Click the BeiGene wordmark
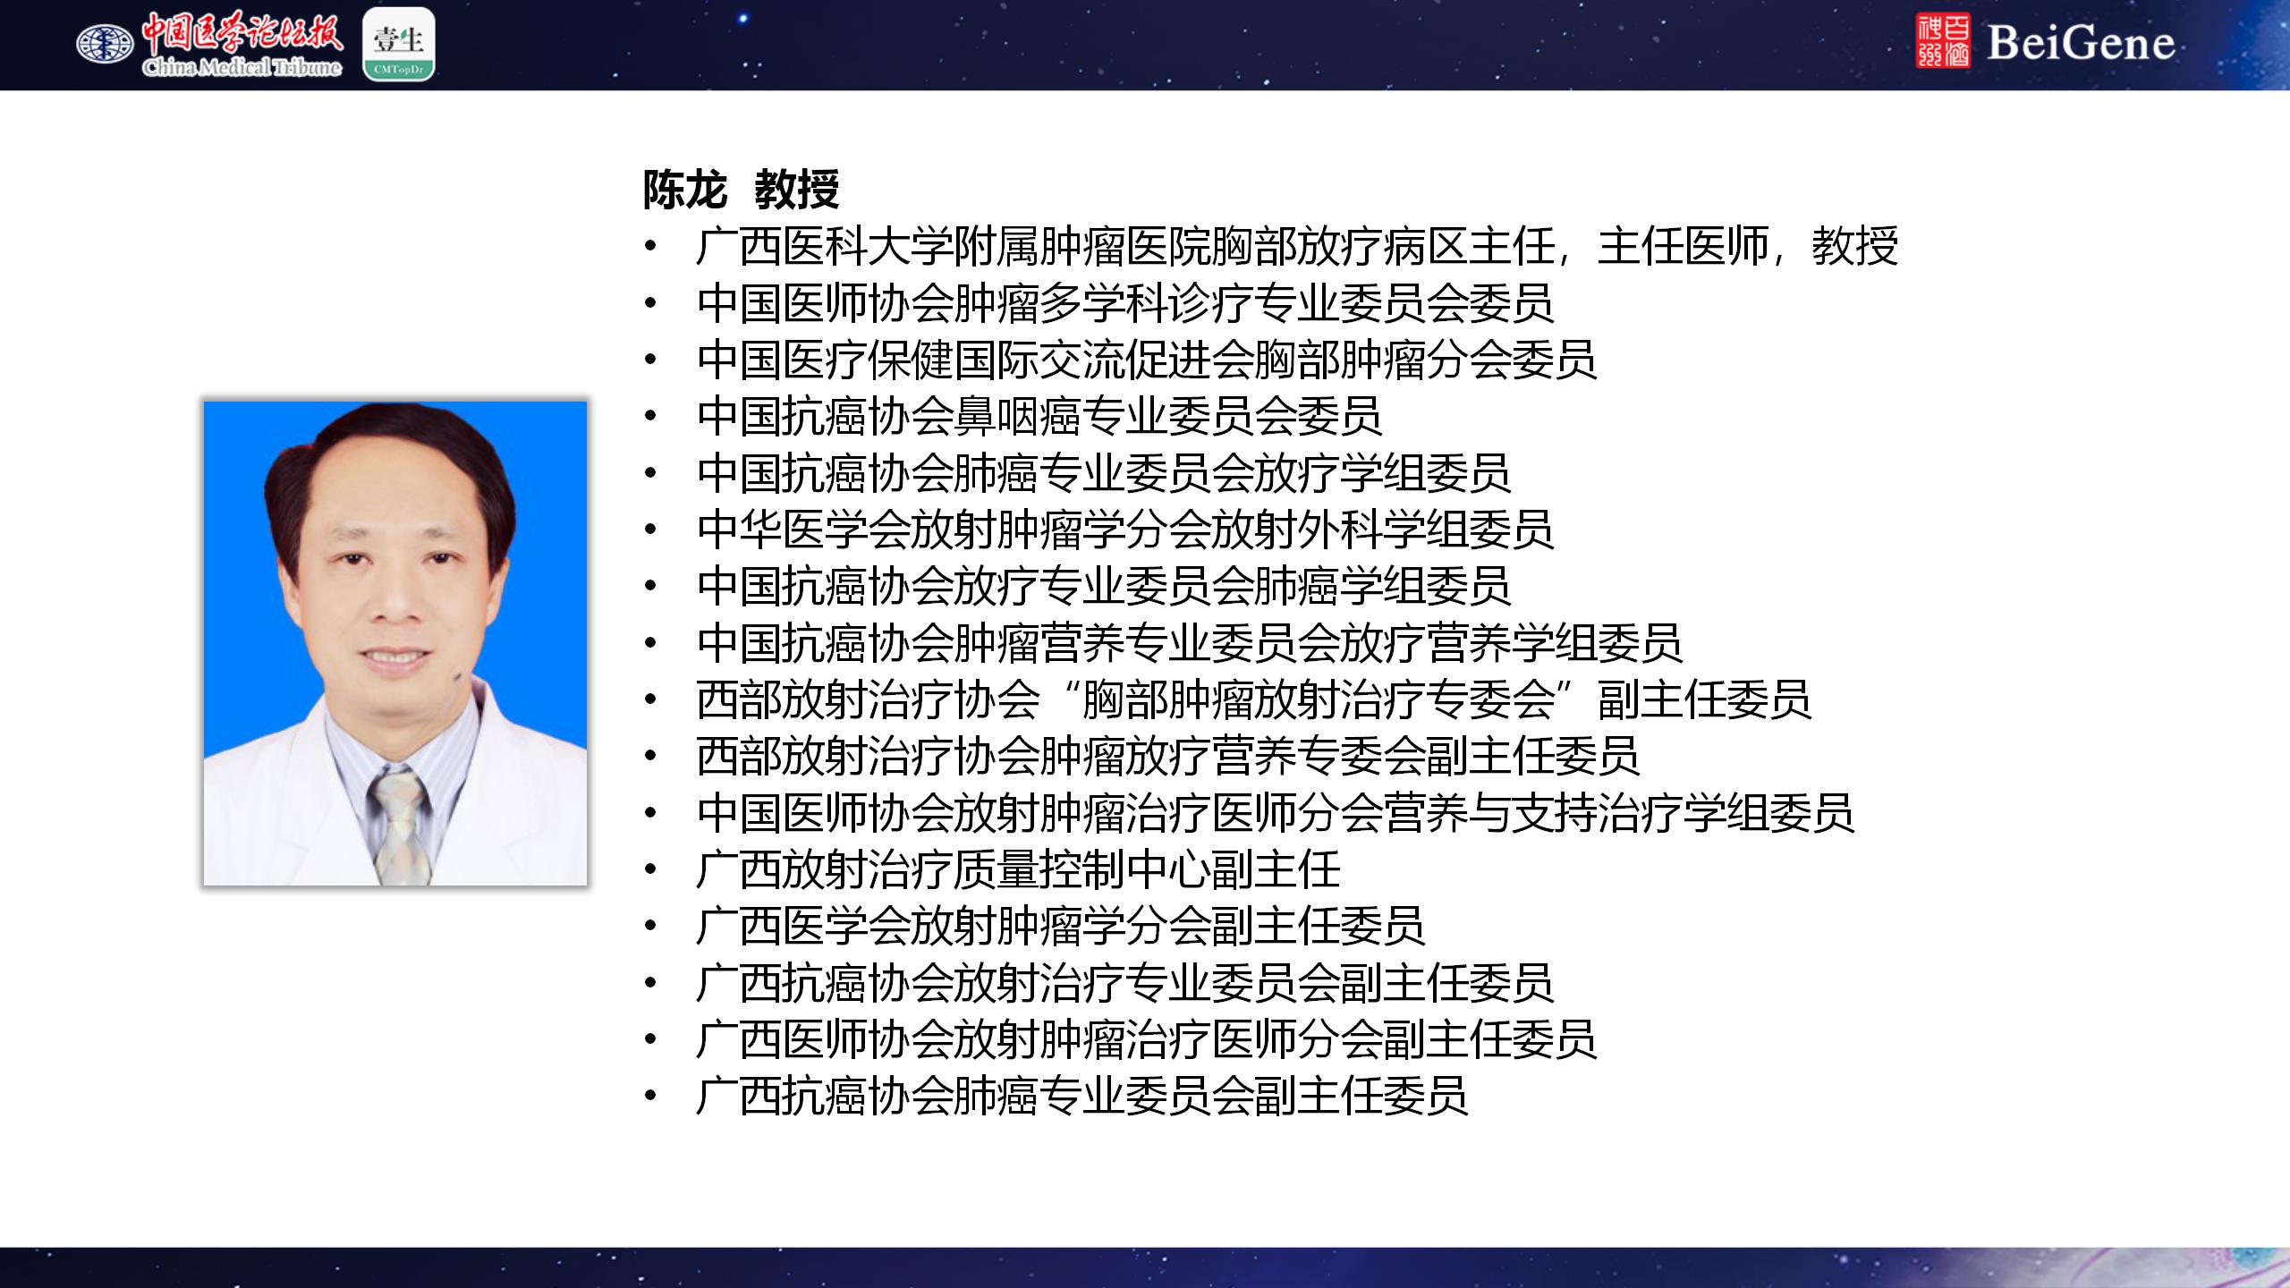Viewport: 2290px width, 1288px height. (x=2081, y=43)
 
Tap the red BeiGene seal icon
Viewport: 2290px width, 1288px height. (x=1943, y=41)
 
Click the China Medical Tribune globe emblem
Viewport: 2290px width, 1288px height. (x=105, y=43)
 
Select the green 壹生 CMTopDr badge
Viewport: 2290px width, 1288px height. (x=399, y=44)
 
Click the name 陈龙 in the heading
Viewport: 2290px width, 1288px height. (x=684, y=189)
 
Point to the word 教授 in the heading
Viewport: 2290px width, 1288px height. (x=796, y=189)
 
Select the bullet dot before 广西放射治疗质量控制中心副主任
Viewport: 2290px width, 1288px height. (x=650, y=869)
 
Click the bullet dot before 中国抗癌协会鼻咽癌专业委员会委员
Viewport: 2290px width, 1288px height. (x=650, y=415)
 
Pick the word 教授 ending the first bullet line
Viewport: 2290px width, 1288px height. (x=1854, y=246)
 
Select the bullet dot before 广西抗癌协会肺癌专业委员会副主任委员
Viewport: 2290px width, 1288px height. (x=650, y=1095)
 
